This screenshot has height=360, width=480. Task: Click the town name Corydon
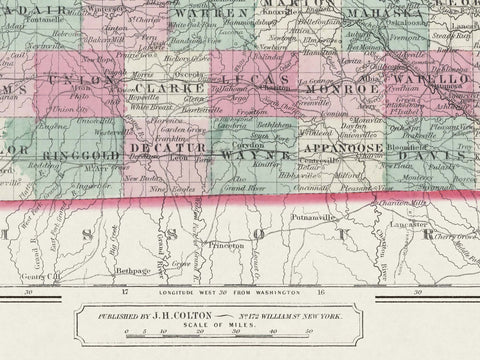pyautogui.click(x=249, y=143)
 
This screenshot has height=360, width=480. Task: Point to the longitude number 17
pyautogui.click(x=125, y=294)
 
